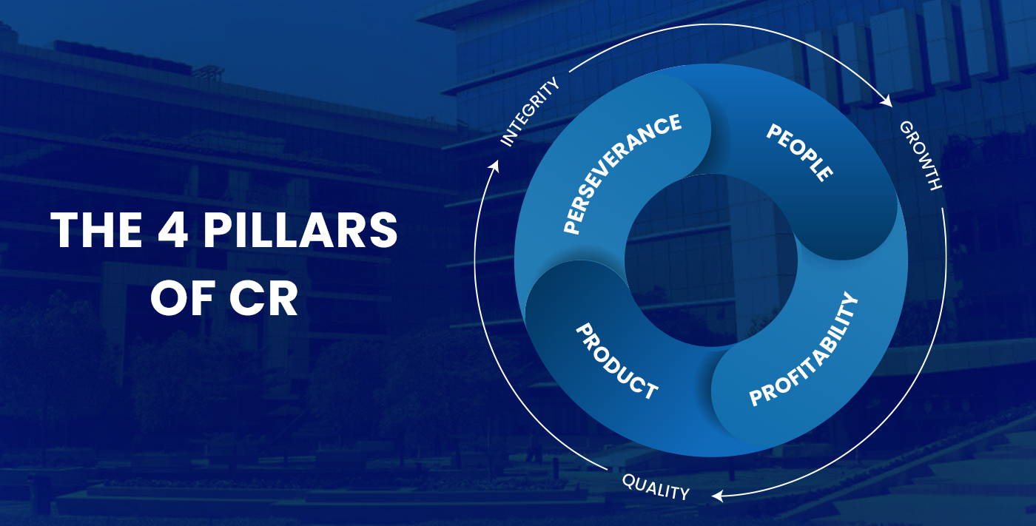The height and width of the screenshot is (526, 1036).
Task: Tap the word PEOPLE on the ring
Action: click(800, 152)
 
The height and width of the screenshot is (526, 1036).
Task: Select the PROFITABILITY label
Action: click(804, 349)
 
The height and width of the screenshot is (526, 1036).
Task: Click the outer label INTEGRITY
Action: click(530, 112)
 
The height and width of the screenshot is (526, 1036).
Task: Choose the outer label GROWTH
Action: click(921, 155)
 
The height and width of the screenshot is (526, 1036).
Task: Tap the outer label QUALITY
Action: click(656, 487)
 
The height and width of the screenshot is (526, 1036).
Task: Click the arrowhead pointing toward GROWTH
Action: click(887, 101)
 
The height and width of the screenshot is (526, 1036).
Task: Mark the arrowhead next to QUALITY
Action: click(717, 496)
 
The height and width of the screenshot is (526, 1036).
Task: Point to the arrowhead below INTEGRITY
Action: click(495, 166)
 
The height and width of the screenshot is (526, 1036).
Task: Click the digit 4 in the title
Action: click(173, 230)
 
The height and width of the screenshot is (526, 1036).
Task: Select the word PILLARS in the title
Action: click(300, 230)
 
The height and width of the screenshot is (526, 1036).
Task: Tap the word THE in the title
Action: click(96, 230)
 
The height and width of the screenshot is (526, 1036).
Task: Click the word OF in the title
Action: click(184, 299)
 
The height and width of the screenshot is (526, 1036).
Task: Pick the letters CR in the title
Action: click(263, 299)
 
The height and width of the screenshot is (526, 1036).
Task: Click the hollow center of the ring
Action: click(711, 260)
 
